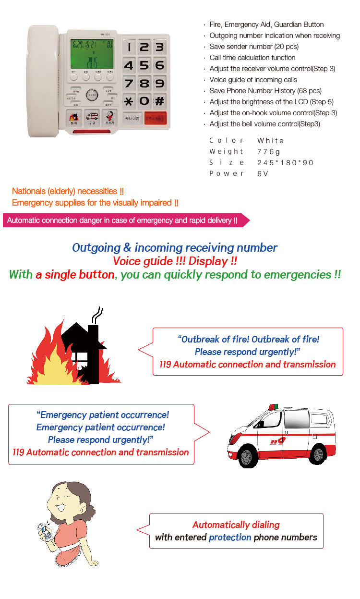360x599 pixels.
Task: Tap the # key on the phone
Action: coord(160,101)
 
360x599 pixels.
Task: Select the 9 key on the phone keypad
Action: coord(160,83)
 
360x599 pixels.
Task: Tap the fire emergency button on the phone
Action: coord(73,118)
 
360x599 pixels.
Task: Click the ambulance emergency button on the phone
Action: coord(92,118)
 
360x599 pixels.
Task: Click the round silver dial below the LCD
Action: coord(93,95)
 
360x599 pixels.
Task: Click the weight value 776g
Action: coord(269,151)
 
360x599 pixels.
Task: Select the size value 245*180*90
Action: coord(285,162)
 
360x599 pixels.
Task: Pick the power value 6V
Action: coord(263,173)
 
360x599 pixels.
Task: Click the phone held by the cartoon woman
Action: coord(46,531)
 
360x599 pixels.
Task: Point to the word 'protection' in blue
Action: coord(230,537)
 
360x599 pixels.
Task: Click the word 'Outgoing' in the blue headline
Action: coord(96,248)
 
